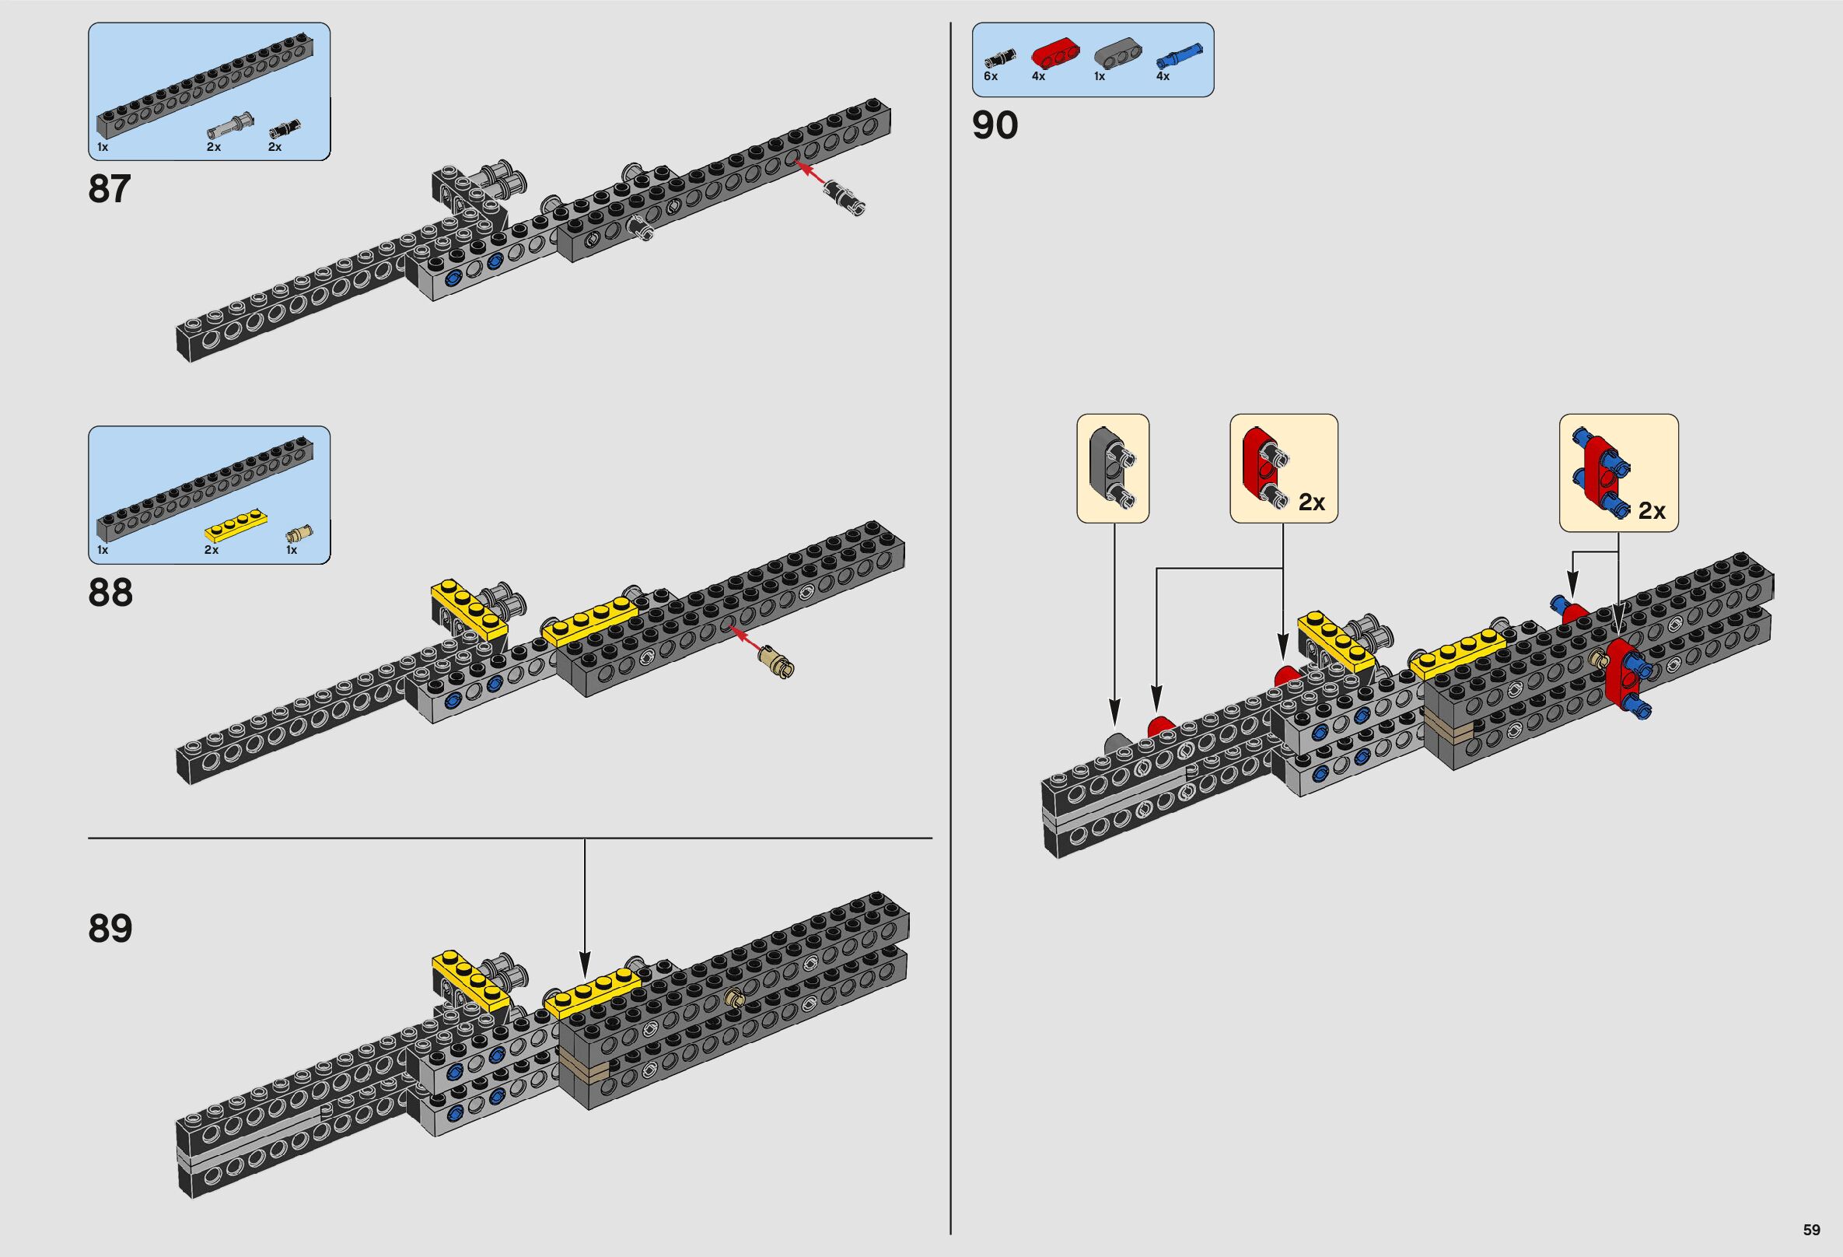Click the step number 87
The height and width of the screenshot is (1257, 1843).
click(x=110, y=190)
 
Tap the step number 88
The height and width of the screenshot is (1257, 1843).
click(x=110, y=593)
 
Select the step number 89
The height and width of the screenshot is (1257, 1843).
click(x=110, y=928)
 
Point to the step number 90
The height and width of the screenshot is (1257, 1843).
click(x=995, y=126)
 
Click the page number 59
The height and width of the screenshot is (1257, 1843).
click(x=1811, y=1230)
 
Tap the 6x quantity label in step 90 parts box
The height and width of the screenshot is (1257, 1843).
click(x=991, y=77)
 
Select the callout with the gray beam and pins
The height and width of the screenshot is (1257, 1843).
click(x=1112, y=468)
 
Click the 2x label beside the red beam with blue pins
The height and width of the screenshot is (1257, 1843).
click(x=1651, y=512)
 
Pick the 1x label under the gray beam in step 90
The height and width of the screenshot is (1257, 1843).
click(x=1098, y=77)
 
